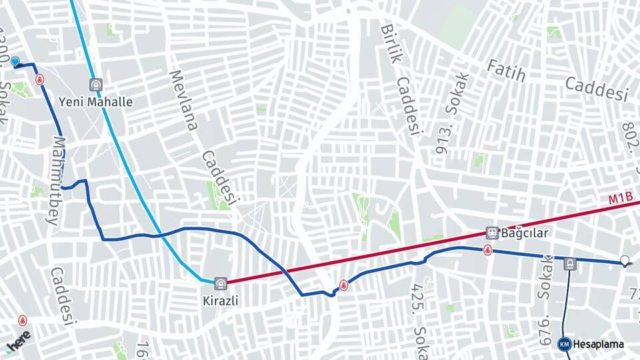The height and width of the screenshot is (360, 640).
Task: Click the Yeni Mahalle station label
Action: [95, 102]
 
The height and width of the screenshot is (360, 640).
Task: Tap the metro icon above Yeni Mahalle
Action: [96, 85]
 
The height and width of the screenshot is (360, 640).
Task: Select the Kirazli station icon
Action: [221, 283]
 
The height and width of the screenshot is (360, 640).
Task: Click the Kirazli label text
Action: [220, 301]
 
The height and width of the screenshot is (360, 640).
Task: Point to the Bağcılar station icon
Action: [492, 233]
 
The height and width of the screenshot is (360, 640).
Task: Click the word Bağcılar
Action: [525, 233]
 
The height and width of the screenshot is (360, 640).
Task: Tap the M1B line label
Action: [619, 199]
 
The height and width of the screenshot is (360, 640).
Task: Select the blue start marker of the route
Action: [15, 61]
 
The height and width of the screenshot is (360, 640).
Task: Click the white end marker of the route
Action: [625, 261]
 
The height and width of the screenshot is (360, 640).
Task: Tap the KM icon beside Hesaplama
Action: [564, 344]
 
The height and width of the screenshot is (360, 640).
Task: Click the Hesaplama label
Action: [598, 344]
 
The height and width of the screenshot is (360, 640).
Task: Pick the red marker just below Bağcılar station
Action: [488, 251]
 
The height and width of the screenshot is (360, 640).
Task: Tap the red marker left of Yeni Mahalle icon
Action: [40, 79]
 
